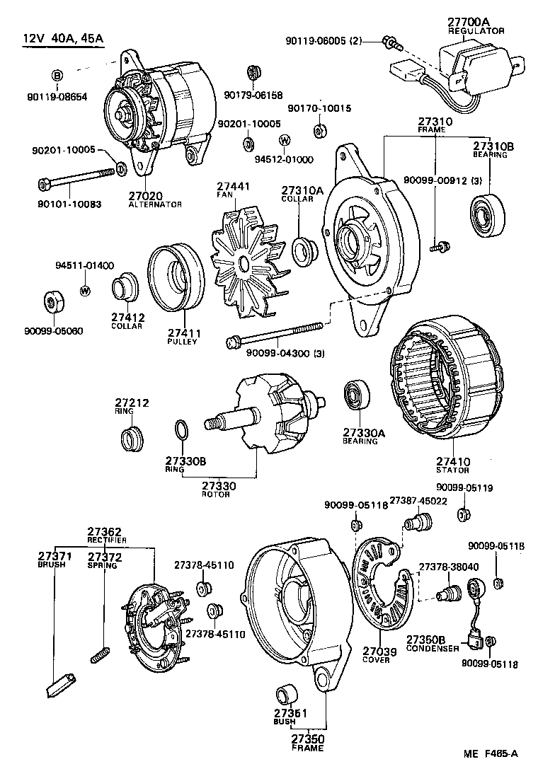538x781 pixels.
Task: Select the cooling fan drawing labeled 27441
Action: tap(245, 262)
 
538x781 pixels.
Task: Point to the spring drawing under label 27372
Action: tap(100, 654)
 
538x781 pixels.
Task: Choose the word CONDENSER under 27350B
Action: tap(433, 648)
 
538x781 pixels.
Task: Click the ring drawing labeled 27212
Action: tap(130, 439)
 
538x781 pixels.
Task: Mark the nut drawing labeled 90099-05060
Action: tap(53, 302)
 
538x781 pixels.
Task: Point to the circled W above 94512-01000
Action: tap(284, 140)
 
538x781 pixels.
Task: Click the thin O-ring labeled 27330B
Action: tap(181, 429)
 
